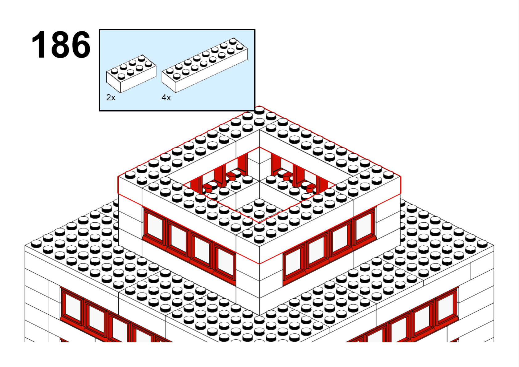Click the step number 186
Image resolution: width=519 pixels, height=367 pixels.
(61, 44)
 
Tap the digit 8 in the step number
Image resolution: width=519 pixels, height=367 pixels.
(61, 44)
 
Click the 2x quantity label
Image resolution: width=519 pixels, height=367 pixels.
(111, 98)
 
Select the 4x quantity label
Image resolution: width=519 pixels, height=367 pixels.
(166, 98)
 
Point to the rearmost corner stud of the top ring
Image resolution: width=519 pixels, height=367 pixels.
(259, 110)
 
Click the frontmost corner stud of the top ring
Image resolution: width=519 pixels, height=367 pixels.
(259, 239)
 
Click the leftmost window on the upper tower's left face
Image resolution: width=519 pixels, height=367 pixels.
(154, 226)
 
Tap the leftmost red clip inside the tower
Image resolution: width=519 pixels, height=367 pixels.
(207, 188)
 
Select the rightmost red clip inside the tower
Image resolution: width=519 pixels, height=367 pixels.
(310, 188)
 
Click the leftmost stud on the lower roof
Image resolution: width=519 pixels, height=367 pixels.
(36, 244)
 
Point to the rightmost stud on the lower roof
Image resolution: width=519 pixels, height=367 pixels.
(482, 244)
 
